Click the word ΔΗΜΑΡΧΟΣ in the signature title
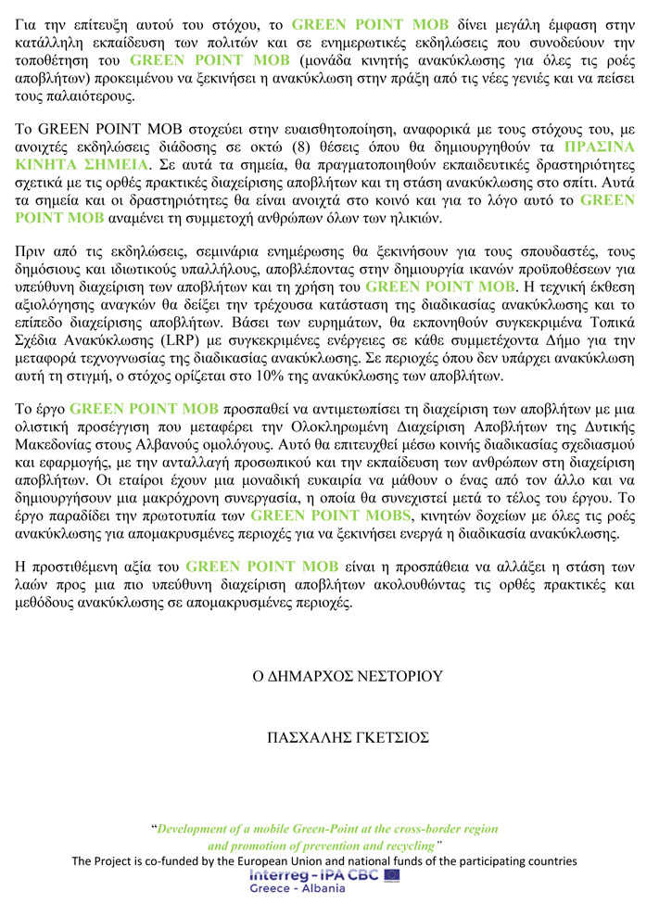coord(307,676)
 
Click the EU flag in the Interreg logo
coord(391,874)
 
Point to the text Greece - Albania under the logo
coord(298,888)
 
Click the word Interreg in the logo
coord(279,874)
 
